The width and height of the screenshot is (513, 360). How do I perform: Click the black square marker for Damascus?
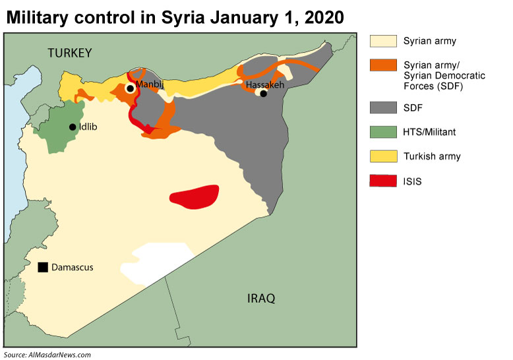click(x=43, y=267)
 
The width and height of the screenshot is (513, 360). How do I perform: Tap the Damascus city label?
click(x=73, y=267)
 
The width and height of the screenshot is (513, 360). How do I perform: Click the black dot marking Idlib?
click(x=73, y=127)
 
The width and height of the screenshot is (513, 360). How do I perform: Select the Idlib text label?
click(x=88, y=127)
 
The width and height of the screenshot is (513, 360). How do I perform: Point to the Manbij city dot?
click(x=131, y=88)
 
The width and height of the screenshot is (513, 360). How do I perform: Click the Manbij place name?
click(x=150, y=84)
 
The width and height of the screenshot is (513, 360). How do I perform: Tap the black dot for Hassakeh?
click(x=263, y=94)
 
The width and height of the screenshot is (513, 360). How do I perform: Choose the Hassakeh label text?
click(x=266, y=85)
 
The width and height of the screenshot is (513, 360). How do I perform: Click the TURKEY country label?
click(x=69, y=53)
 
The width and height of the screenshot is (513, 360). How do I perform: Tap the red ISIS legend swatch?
click(x=382, y=181)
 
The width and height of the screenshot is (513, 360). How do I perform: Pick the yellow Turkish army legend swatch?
click(x=382, y=156)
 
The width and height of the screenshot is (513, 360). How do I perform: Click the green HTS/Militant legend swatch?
click(x=382, y=132)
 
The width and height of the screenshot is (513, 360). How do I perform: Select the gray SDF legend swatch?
click(x=382, y=107)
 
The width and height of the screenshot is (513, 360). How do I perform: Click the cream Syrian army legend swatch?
click(x=382, y=41)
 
